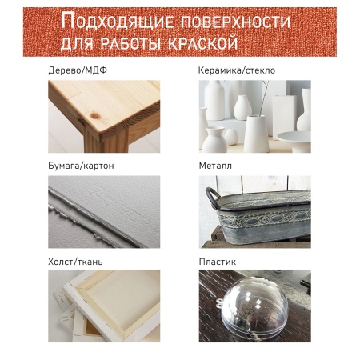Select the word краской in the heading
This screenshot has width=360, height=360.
(203, 42)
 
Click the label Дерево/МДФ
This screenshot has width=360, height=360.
(78, 70)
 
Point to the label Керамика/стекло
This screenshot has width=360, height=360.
(237, 70)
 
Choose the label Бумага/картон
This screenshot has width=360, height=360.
(81, 166)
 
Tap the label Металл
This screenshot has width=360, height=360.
(215, 166)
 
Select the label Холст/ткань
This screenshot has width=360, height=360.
(75, 262)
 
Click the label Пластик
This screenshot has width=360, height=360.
(217, 262)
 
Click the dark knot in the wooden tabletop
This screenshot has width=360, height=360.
(94, 116)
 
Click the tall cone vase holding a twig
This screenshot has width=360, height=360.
(256, 134)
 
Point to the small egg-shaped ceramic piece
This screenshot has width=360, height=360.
(231, 137)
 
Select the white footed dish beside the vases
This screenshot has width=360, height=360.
(294, 140)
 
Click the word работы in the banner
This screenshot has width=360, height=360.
(131, 42)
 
